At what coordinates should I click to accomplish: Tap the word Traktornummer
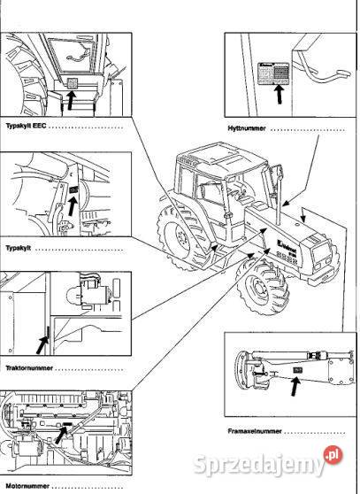point(27,365)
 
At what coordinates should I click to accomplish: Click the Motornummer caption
point(24,485)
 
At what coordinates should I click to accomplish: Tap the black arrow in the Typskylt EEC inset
point(71,99)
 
